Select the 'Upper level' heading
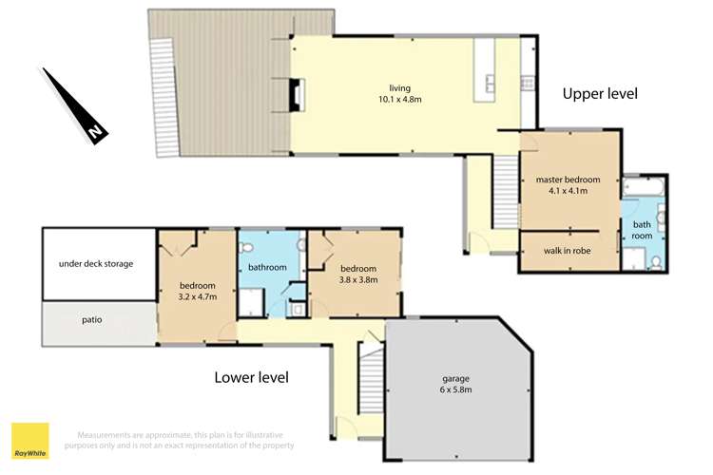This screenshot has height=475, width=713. click(x=599, y=93)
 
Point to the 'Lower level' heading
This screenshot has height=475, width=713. click(x=251, y=377)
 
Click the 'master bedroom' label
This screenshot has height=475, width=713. click(x=568, y=180)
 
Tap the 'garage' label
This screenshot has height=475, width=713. click(x=456, y=378)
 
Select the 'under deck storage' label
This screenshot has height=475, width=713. click(x=96, y=263)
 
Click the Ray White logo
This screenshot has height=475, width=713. click(x=29, y=438)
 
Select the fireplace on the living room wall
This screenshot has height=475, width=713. click(x=299, y=95)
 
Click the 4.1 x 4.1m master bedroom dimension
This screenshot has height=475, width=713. click(x=568, y=190)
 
